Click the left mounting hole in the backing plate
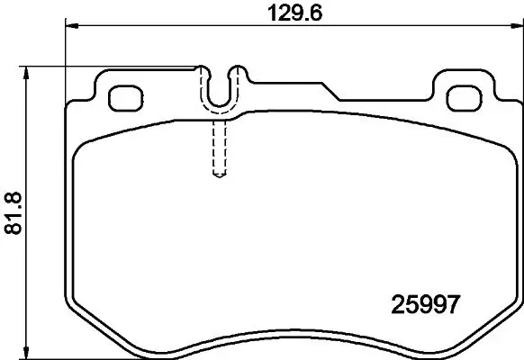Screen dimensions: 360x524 [x=121, y=95]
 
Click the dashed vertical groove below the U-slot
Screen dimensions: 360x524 [x=217, y=148]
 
